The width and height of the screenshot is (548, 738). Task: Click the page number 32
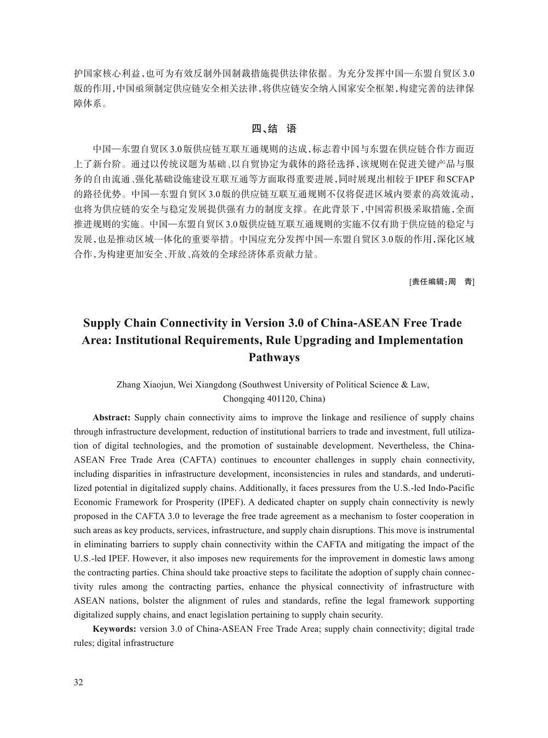(x=78, y=682)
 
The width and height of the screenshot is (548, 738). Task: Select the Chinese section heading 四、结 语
(x=274, y=129)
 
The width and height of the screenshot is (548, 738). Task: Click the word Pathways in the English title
(x=274, y=358)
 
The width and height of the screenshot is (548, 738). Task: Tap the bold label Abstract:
(x=111, y=417)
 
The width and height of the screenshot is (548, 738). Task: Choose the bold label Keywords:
(x=115, y=629)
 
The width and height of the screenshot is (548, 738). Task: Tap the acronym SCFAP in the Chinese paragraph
(x=461, y=180)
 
